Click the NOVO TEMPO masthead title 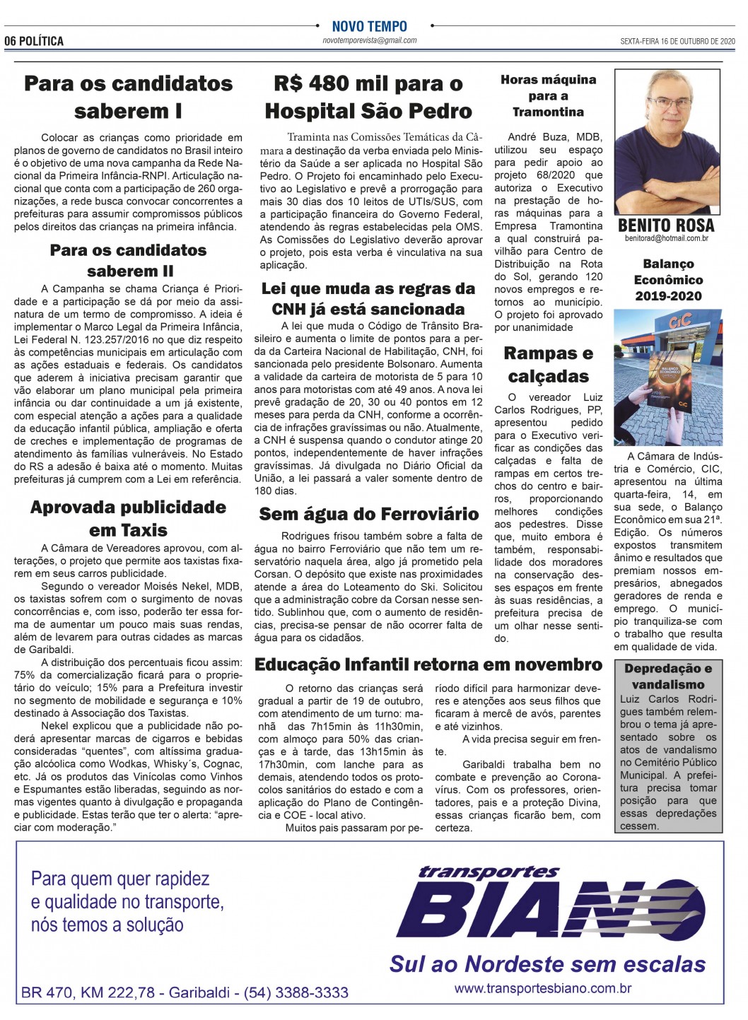pyautogui.click(x=370, y=26)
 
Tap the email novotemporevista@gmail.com pyautogui.click(x=370, y=40)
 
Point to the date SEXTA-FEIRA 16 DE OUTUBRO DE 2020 pyautogui.click(x=677, y=41)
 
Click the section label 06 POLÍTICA pyautogui.click(x=34, y=41)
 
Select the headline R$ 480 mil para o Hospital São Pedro pyautogui.click(x=368, y=98)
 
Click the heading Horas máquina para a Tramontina pyautogui.click(x=548, y=95)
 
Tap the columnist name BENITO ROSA pyautogui.click(x=666, y=225)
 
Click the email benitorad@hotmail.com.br pyautogui.click(x=666, y=239)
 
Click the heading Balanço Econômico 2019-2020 pyautogui.click(x=668, y=279)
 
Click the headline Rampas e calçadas pyautogui.click(x=548, y=365)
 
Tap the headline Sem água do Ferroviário pyautogui.click(x=368, y=514)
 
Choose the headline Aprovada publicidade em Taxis pyautogui.click(x=128, y=518)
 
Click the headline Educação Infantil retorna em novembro pyautogui.click(x=428, y=664)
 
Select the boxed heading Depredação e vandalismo pyautogui.click(x=668, y=676)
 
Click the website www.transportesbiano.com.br pyautogui.click(x=542, y=989)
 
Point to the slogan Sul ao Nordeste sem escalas pyautogui.click(x=547, y=964)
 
